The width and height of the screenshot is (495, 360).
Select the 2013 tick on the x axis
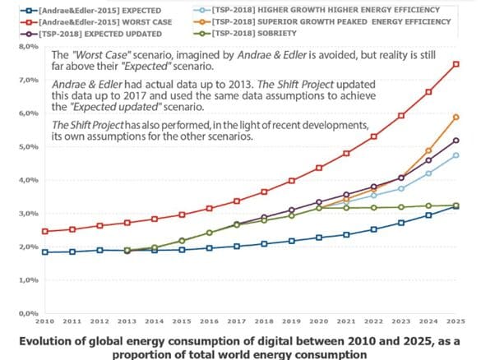point(127,323)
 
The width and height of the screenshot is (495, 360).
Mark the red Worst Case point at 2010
point(44,232)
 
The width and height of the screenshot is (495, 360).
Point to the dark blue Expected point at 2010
point(44,252)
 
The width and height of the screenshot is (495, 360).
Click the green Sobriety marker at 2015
point(183,240)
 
